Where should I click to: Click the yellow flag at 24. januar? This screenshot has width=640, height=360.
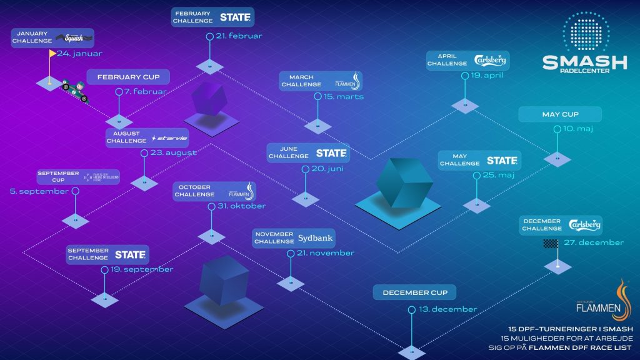[x=52, y=54]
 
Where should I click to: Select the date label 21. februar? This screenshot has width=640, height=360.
[x=238, y=36]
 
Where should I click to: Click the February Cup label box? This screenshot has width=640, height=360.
[x=128, y=77]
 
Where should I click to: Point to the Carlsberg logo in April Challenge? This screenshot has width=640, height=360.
[x=491, y=61]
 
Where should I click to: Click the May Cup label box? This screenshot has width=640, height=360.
[x=560, y=114]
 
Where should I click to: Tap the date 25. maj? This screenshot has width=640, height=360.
[x=498, y=175]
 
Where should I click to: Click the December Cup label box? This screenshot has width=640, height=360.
[x=414, y=292]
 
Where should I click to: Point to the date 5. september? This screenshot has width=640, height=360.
[x=39, y=191]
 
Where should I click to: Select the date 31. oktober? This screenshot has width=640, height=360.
[x=241, y=206]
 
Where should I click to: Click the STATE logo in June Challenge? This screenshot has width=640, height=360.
[x=330, y=153]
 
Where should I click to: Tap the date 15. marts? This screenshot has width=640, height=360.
[x=343, y=97]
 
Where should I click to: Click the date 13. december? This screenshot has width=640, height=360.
[x=448, y=309]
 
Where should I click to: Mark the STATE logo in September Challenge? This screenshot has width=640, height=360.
[x=130, y=254]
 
